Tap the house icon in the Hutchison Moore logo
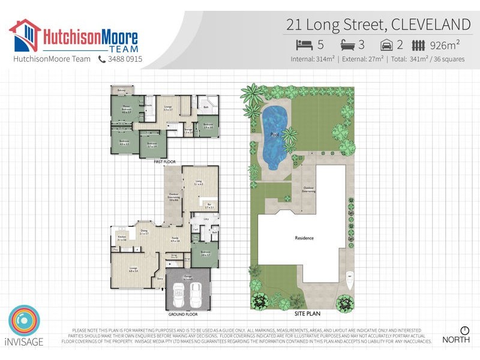tap(25, 36)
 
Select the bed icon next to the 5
tap(304, 45)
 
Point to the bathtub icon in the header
tap(349, 45)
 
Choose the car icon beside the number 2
tap(387, 45)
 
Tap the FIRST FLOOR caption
tap(165, 162)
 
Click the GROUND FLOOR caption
tap(184, 314)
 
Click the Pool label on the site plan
tap(275, 134)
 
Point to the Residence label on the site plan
tap(304, 238)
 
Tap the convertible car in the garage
tap(179, 295)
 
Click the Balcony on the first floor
tap(122, 90)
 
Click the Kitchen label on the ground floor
tap(122, 238)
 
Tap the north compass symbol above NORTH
tap(464, 331)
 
